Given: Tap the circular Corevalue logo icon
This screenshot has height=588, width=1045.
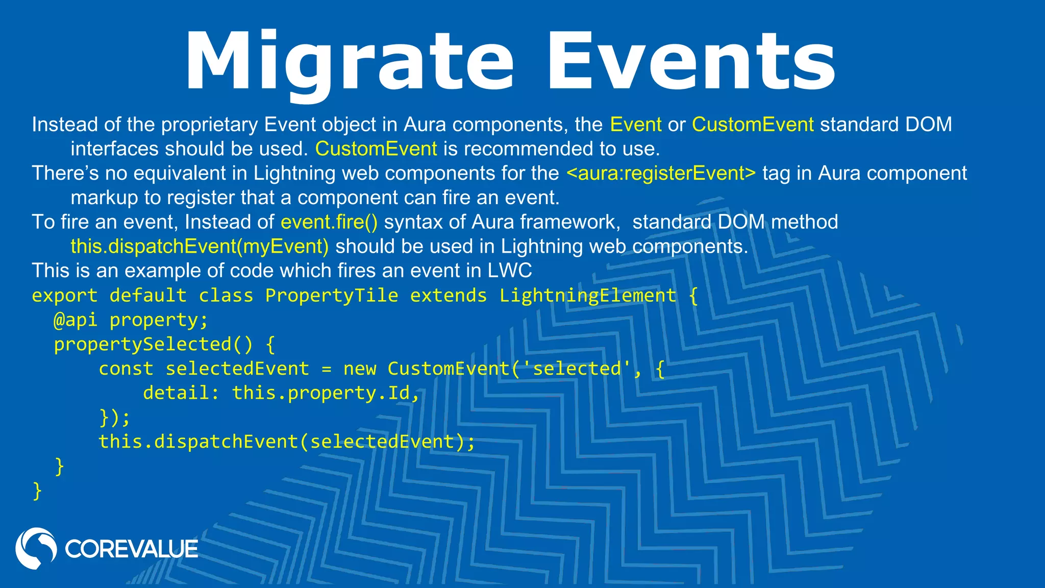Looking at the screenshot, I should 36,548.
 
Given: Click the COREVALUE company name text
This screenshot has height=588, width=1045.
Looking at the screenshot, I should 131,549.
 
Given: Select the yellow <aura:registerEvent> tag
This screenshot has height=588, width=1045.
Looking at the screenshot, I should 661,174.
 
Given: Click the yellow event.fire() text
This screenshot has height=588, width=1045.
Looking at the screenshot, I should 329,222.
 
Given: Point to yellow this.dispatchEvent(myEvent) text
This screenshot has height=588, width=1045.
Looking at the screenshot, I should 200,247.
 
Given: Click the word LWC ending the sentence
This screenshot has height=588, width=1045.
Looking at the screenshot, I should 509,271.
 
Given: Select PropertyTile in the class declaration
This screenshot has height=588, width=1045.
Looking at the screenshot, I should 332,296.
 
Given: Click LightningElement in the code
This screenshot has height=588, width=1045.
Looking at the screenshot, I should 588,296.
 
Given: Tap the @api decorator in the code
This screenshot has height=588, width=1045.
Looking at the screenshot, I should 75,320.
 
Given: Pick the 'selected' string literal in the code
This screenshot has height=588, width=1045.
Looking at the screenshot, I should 577,369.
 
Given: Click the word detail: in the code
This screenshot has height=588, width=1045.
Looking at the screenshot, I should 181,393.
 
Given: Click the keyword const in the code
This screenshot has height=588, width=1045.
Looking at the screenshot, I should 126,369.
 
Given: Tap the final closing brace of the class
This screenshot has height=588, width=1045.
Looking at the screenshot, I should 37,491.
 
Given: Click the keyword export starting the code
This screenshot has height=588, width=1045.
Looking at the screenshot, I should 64,296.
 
